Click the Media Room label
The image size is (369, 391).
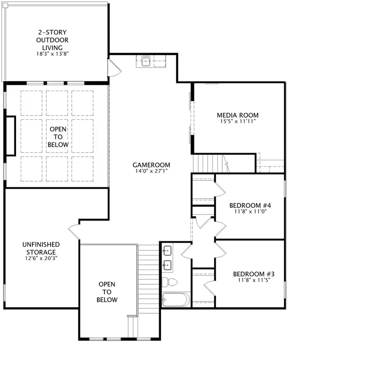tap(238, 115)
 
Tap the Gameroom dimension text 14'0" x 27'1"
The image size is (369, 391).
tap(152, 171)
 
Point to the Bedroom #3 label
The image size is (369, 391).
tap(251, 274)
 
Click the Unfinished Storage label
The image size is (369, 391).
tap(41, 248)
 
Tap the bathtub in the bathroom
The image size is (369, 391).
tap(176, 299)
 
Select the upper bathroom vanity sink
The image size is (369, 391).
tap(168, 249)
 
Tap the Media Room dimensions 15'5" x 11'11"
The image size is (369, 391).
tap(238, 122)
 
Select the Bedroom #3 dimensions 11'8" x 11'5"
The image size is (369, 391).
tap(251, 280)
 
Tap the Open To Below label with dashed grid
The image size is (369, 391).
tap(58, 137)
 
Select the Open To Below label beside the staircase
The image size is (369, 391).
tap(107, 292)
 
